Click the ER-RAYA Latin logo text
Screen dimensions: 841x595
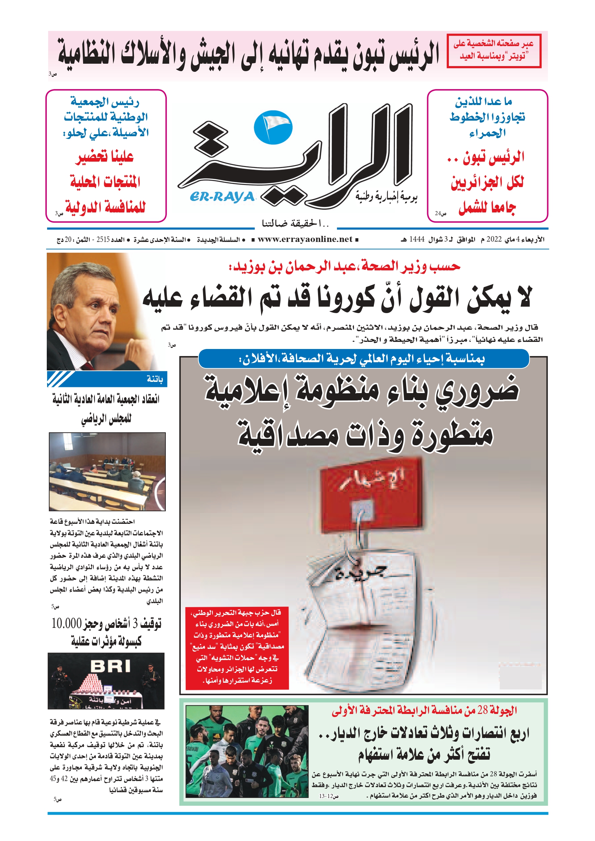point(222,197)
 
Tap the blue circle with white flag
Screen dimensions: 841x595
point(273,127)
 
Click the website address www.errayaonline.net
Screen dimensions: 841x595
point(305,240)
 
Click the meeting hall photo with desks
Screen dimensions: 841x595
point(107,471)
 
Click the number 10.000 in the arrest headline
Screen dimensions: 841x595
point(66,623)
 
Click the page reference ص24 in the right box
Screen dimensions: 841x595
point(440,213)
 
